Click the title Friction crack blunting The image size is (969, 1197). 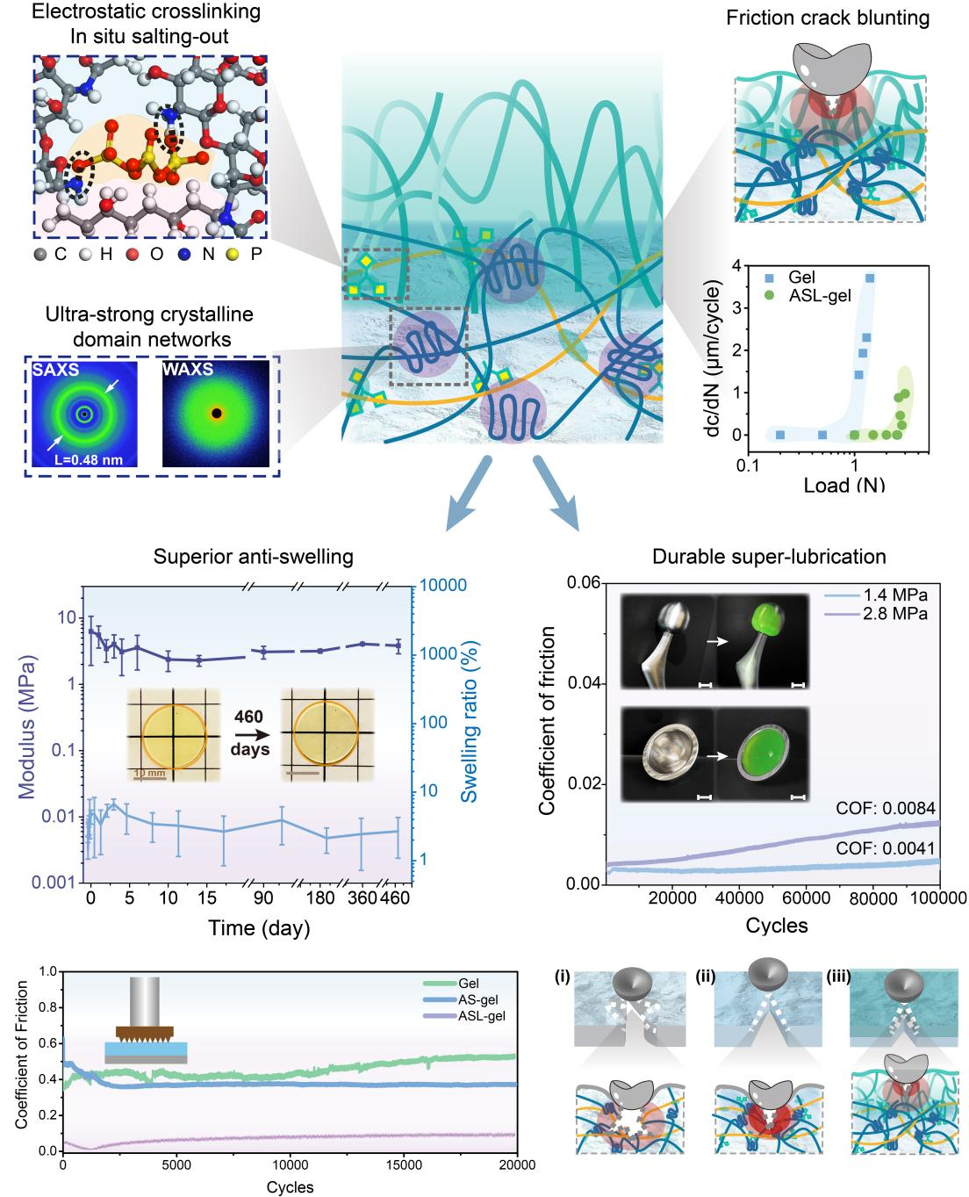click(x=829, y=18)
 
